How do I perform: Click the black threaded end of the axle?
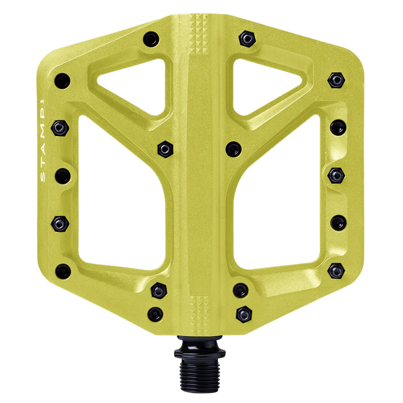pyautogui.click(x=199, y=373)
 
